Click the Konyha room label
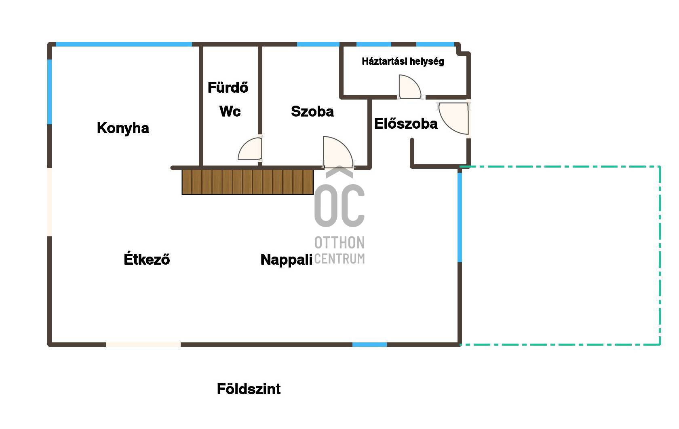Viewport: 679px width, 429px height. point(123,128)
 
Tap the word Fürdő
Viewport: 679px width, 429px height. point(228,87)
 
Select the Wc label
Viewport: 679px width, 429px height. point(230,111)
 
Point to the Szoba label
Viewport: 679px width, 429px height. point(312,111)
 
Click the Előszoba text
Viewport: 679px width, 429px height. point(406,123)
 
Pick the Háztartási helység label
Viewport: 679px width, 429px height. point(403,62)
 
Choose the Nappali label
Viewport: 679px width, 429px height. point(286,260)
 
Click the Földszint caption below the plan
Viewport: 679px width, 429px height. point(249,389)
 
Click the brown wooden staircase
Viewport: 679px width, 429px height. point(248,182)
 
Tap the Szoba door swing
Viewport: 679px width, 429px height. point(338,152)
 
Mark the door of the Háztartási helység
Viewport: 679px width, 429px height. point(410,87)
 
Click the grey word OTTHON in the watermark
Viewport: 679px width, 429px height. point(339,242)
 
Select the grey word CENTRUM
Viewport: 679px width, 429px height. point(339,259)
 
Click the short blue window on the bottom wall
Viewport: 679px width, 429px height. point(369,344)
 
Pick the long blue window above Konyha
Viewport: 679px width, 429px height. point(124,45)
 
